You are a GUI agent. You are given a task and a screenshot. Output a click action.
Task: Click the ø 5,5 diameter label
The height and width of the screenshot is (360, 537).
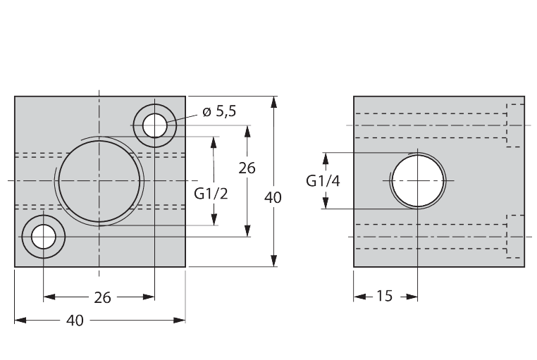[219, 111]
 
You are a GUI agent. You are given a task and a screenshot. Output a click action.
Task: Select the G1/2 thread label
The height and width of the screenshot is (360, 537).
[211, 193]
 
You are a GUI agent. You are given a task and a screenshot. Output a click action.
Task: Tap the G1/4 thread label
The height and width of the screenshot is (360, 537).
[323, 181]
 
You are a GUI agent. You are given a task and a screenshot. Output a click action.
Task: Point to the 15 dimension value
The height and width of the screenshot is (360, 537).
[384, 297]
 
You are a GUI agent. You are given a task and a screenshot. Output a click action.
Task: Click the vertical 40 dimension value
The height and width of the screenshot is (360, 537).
[273, 198]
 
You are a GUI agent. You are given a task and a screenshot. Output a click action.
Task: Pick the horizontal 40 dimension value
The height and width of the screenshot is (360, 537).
[75, 321]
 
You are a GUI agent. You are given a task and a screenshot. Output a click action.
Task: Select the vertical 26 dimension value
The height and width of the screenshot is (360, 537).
[247, 168]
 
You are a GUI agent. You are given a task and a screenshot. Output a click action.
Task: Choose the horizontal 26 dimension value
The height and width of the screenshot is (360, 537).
[103, 298]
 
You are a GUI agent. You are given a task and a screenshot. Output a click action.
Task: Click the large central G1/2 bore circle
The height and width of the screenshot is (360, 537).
[100, 180]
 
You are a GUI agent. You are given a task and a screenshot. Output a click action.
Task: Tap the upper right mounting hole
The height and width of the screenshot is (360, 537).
[155, 126]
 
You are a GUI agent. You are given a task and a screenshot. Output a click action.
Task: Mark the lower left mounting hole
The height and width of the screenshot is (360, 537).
[44, 237]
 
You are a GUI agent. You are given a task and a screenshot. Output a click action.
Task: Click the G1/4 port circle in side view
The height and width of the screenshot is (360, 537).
[418, 181]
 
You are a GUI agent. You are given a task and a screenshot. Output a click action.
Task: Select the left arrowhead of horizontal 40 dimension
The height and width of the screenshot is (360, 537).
[20, 320]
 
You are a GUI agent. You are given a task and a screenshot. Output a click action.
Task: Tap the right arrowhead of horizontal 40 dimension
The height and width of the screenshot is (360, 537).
[180, 320]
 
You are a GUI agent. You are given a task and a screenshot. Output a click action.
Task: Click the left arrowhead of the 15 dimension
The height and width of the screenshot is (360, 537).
[359, 297]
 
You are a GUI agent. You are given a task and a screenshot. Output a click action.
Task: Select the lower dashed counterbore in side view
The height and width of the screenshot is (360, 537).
[515, 236]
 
